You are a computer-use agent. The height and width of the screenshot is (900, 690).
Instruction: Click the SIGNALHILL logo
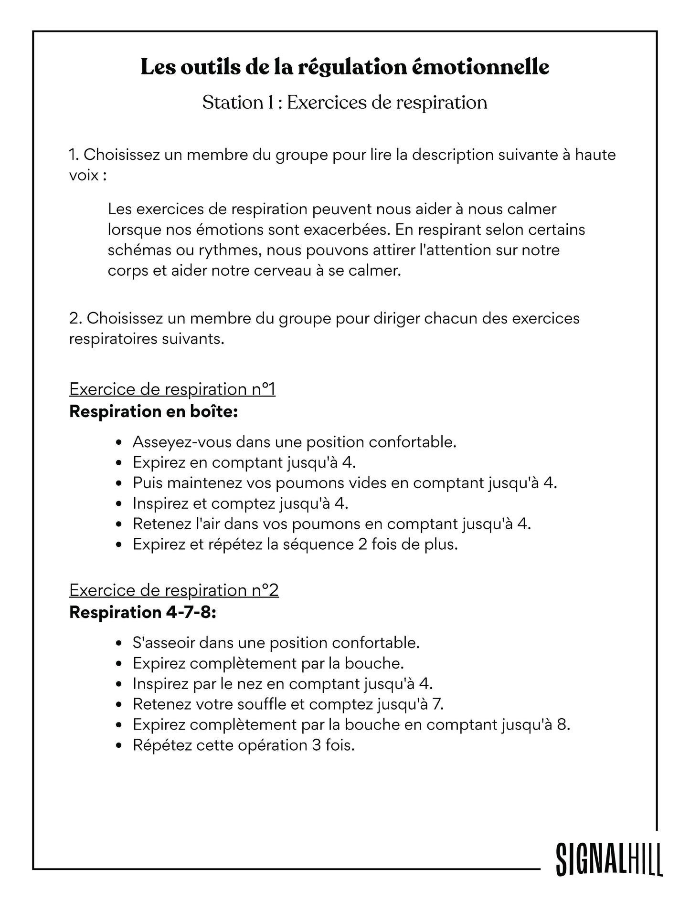pos(609,859)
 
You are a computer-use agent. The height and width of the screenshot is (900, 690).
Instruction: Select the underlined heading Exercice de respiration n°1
pos(172,389)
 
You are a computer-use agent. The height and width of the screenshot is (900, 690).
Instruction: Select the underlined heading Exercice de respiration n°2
pos(174,590)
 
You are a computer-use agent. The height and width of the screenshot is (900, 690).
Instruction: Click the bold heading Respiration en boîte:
pos(153,411)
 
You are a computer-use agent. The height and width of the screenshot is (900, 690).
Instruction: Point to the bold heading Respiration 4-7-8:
pos(143,612)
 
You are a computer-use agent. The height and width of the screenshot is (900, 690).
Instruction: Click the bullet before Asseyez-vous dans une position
pos(119,442)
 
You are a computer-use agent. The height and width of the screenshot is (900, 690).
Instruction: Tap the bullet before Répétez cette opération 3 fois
pos(119,745)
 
